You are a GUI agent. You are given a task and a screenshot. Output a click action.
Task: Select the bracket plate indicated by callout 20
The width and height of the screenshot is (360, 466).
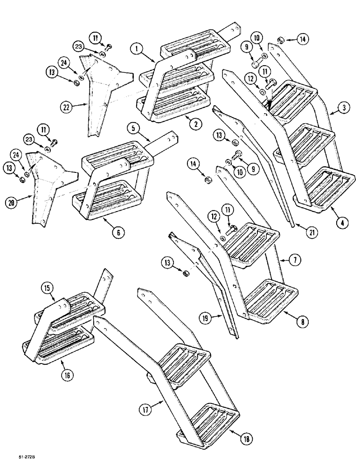tap(47, 186)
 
